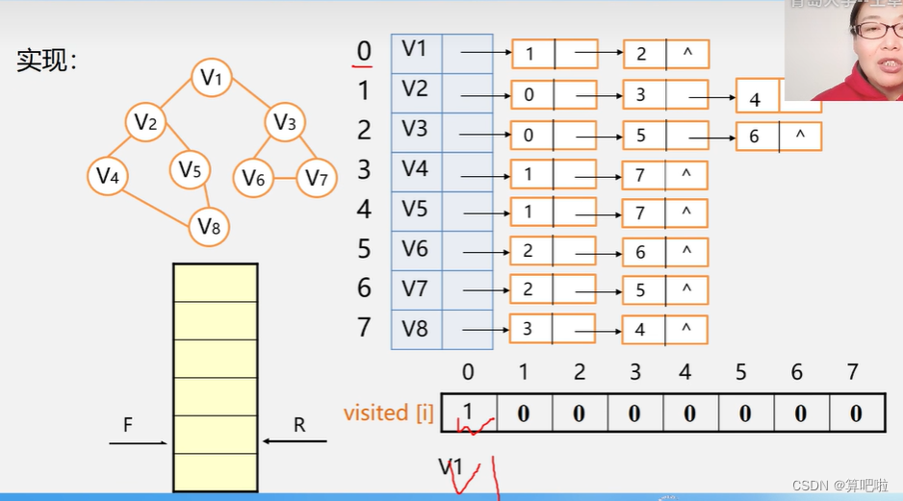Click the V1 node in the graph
coord(211,78)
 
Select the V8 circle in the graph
coord(209,227)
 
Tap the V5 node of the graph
coord(190,171)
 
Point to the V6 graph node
coord(253,178)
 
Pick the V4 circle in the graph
coord(107,176)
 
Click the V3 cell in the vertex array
coord(416,130)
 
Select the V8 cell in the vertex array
coord(416,328)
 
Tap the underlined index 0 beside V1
coord(363,51)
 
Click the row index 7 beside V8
coord(363,327)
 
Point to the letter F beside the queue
coord(128,424)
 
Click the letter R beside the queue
coord(299,424)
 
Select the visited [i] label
coord(388,413)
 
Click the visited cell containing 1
coord(468,413)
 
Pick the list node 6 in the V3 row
coord(756,137)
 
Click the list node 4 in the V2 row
coord(757,98)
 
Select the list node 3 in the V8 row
coord(529,329)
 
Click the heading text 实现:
coord(46,61)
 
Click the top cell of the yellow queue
coord(216,283)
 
